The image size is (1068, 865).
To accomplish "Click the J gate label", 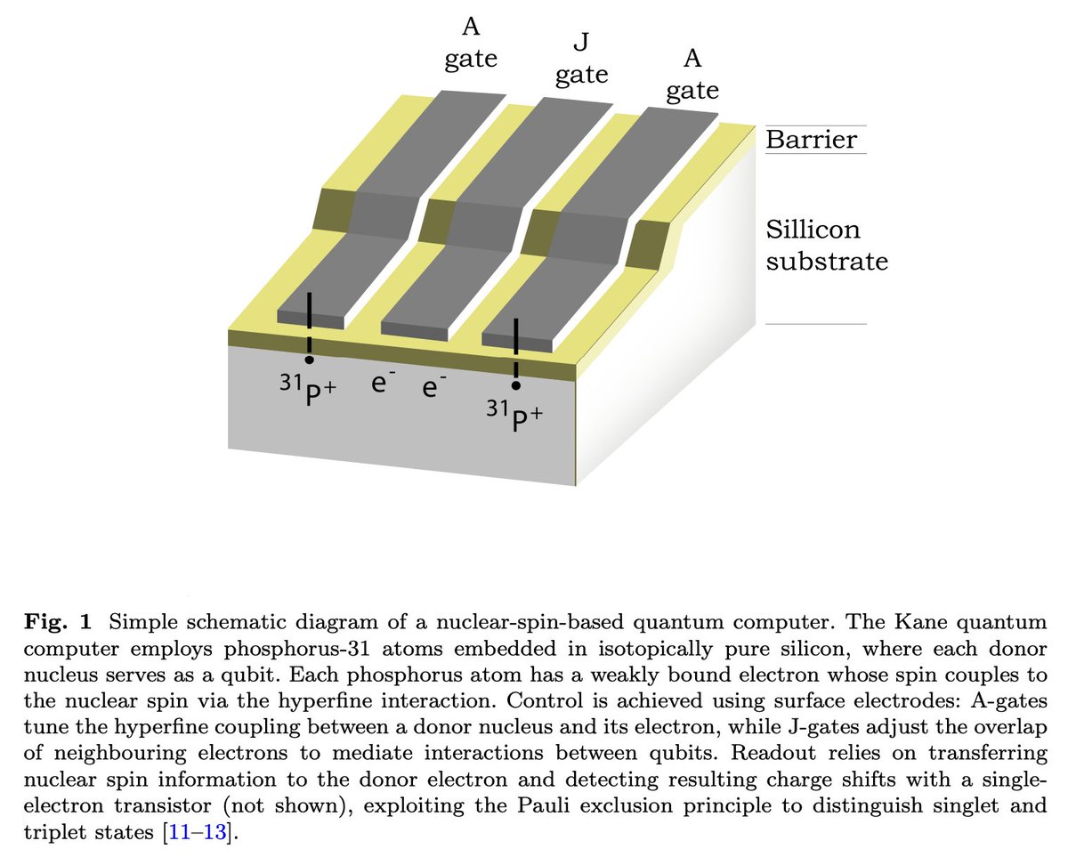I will click(581, 59).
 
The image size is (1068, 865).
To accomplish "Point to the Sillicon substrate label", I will click(827, 246).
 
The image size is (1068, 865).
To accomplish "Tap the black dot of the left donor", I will click(309, 360).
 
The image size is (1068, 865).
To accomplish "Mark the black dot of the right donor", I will click(516, 384).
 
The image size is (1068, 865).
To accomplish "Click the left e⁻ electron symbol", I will click(378, 384).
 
